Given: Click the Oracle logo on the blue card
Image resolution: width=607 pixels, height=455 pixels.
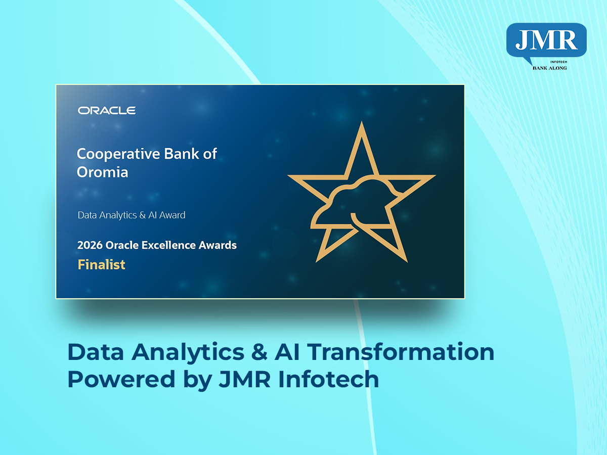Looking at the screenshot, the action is click(x=107, y=111).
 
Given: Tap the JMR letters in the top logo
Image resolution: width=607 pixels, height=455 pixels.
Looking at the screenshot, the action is click(x=546, y=40).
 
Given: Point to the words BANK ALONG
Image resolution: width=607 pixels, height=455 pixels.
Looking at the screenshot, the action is click(x=550, y=68).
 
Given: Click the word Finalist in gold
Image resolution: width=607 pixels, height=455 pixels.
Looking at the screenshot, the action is click(x=102, y=264).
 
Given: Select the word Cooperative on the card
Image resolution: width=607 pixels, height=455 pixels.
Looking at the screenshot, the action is click(x=118, y=155).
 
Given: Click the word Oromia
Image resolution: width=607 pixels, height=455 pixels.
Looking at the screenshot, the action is click(x=103, y=172).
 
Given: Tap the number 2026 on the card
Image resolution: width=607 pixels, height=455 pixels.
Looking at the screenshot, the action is click(x=90, y=245).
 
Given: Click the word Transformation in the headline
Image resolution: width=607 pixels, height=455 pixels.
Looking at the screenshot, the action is click(x=401, y=352).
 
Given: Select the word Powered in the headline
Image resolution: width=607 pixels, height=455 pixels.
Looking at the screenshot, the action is click(x=121, y=379).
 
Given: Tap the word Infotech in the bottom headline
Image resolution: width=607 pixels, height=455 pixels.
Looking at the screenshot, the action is click(x=328, y=379).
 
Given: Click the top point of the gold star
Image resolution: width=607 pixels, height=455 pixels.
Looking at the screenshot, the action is click(x=362, y=122).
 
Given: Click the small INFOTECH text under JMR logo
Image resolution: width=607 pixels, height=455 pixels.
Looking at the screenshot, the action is click(x=558, y=62).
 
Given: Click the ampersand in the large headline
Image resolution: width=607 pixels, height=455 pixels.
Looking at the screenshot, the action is click(x=259, y=352).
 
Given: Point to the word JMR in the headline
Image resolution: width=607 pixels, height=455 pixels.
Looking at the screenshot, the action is click(x=244, y=379).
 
